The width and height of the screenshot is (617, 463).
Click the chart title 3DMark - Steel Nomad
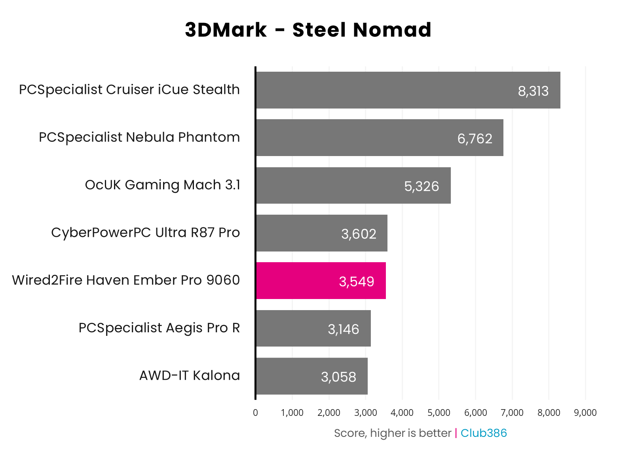(308, 30)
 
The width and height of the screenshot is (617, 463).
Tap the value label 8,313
(533, 91)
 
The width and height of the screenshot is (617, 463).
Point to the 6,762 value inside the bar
(475, 139)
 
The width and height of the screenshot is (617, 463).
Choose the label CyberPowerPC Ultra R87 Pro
(145, 232)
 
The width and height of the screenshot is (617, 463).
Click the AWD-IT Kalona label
(189, 375)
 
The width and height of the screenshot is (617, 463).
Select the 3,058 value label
(338, 377)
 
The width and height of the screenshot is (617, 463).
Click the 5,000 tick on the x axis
(439, 413)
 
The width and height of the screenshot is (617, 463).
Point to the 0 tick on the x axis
(255, 413)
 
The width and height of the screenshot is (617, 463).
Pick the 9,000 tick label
(585, 413)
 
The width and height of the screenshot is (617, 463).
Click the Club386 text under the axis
(483, 433)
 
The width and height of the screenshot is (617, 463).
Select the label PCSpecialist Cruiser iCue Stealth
(129, 90)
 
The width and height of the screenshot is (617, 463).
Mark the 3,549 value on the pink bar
(356, 282)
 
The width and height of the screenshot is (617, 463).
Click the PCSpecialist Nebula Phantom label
(139, 137)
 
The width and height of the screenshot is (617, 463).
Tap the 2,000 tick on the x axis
(328, 413)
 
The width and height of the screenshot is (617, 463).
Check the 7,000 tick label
(512, 413)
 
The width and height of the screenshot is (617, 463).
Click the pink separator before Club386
(456, 433)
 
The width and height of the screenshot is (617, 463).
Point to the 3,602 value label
(359, 234)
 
